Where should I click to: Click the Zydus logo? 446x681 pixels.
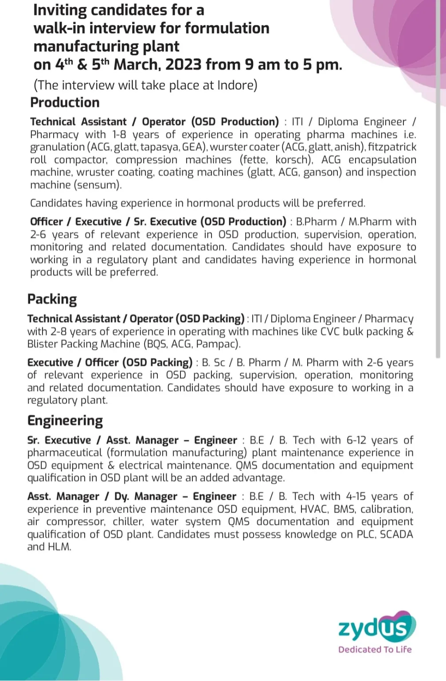tap(376, 626)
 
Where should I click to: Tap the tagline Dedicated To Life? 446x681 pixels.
tap(375, 650)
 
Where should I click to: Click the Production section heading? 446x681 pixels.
tap(65, 102)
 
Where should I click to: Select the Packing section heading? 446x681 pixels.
tap(52, 299)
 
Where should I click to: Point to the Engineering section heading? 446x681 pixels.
tap(65, 420)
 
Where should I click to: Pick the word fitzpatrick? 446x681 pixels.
tap(392, 147)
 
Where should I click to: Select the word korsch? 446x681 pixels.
tap(293, 160)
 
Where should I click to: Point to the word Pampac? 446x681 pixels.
tap(216, 344)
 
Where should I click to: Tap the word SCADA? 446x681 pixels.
tap(396, 534)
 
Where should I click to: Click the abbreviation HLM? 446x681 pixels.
tap(59, 547)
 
